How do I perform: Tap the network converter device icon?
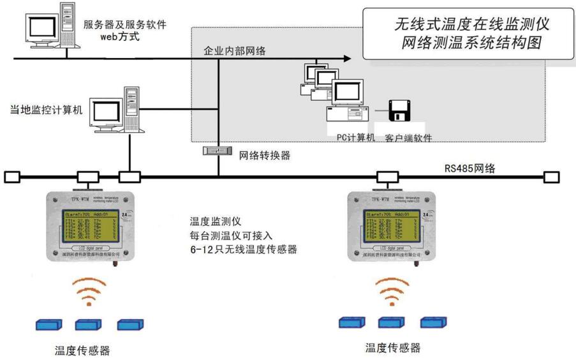click(x=217, y=151)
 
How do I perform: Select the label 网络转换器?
click(x=261, y=154)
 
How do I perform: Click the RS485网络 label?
click(x=470, y=169)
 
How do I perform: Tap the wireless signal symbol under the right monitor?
click(x=391, y=290)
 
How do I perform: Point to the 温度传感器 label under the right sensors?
click(x=393, y=348)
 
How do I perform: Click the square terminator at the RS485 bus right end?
click(x=550, y=176)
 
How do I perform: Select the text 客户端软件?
click(x=409, y=138)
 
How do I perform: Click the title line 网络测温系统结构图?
click(x=471, y=43)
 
